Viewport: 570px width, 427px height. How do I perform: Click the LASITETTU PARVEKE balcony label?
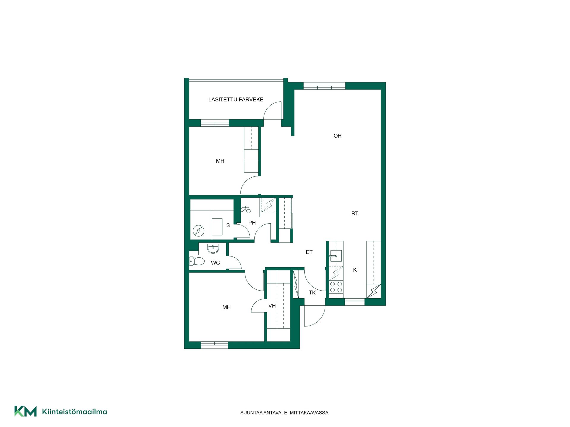[236, 100]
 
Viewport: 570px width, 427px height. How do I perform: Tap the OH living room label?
[338, 136]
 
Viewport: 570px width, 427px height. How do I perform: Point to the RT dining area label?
[355, 213]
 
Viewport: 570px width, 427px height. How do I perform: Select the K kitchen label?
[355, 270]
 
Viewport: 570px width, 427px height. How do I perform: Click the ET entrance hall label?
[309, 252]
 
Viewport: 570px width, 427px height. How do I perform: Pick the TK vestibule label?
[312, 293]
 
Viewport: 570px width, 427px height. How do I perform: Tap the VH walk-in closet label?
[272, 306]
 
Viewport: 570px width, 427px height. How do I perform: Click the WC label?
[215, 263]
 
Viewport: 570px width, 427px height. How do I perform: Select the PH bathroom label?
[252, 223]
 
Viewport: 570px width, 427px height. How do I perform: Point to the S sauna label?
[228, 225]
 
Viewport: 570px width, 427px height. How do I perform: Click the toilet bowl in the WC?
[197, 261]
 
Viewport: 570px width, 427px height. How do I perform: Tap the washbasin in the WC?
[213, 249]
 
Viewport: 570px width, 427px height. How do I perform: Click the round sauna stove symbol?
[199, 231]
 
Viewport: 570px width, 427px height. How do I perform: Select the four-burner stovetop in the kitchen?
[336, 287]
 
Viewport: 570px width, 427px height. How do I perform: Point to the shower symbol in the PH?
[246, 209]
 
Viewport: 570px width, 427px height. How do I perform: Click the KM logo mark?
[26, 411]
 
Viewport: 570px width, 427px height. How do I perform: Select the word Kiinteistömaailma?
[75, 412]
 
